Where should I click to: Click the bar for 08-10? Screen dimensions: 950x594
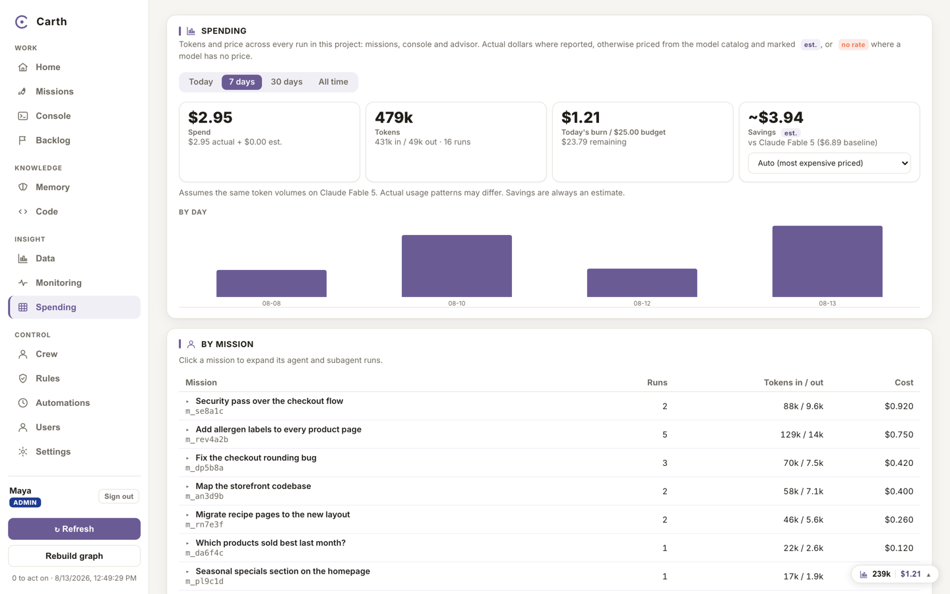(x=457, y=266)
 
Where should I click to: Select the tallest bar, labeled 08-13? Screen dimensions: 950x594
(x=827, y=261)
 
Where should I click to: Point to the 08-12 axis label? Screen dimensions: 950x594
(x=642, y=304)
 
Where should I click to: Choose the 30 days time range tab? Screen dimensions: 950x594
(x=287, y=82)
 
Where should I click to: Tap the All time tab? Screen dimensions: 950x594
(x=333, y=82)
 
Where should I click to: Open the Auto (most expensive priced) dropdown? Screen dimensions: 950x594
(x=829, y=163)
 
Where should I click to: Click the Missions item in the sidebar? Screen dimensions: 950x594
(x=54, y=91)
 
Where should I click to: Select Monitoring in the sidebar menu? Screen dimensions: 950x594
(x=59, y=282)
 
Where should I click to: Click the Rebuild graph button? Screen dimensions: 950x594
(x=74, y=556)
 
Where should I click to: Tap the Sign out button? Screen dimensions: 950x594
(x=119, y=496)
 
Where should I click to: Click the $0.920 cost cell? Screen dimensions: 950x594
(x=899, y=406)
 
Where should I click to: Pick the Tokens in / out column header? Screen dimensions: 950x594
(x=793, y=382)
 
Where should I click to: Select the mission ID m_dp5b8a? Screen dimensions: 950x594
(x=205, y=467)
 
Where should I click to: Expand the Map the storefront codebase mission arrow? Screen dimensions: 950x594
(x=187, y=486)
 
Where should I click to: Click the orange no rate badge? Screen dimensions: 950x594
(x=853, y=45)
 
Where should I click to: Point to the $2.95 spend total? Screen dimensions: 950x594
(x=210, y=117)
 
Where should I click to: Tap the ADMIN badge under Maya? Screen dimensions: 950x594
(x=25, y=502)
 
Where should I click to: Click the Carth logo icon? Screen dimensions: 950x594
(x=21, y=22)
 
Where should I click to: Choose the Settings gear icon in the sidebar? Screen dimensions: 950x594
(x=23, y=451)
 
